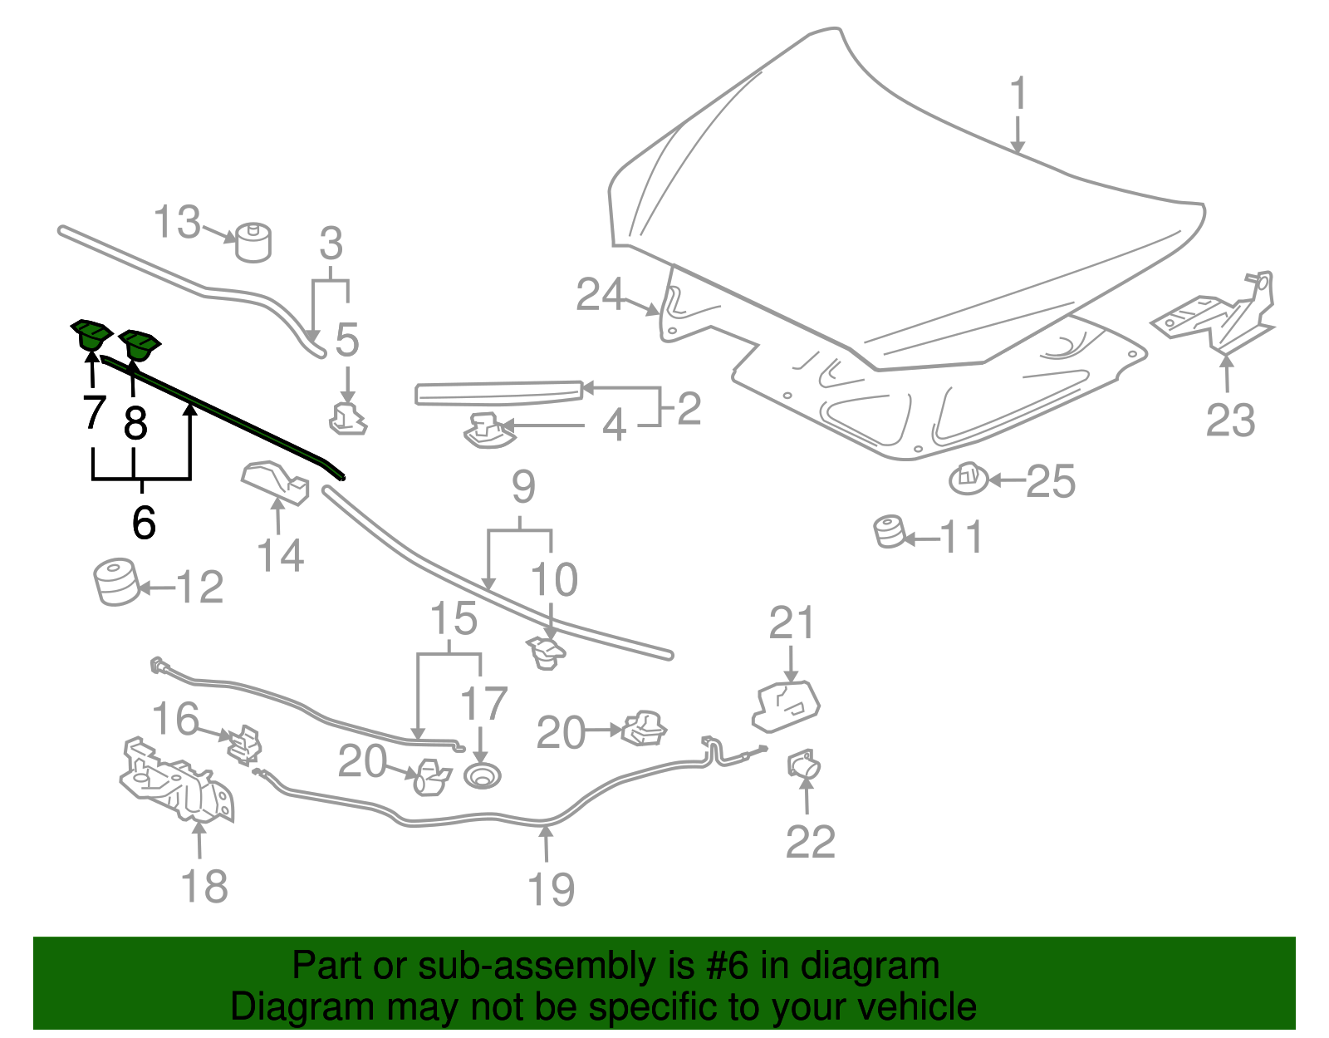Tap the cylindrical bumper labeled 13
point(253,243)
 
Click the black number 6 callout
point(144,523)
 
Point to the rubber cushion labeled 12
point(115,582)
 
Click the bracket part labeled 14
point(275,482)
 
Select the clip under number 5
point(349,418)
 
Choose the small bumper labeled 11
point(889,532)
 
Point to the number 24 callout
point(601,295)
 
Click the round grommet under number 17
point(482,777)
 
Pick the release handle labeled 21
point(786,706)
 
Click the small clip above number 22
point(803,763)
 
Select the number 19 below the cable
point(551,889)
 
